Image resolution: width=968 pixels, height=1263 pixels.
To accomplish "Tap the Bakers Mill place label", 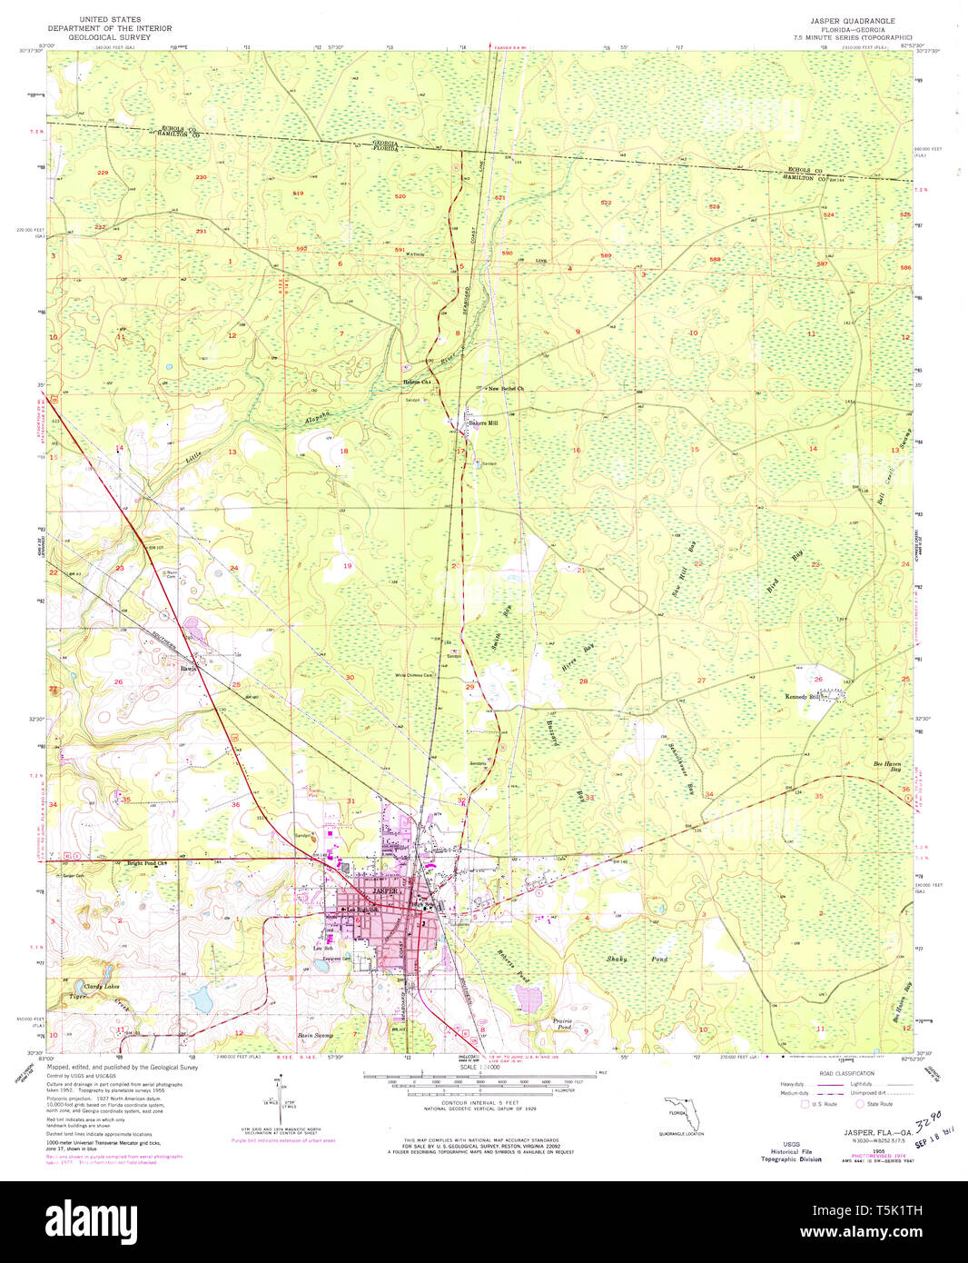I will [482, 423].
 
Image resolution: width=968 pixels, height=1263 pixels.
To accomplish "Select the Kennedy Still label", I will [803, 697].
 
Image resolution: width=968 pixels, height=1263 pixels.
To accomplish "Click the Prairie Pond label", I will [563, 1025].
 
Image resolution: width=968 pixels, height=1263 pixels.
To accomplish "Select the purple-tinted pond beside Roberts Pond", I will [528, 999].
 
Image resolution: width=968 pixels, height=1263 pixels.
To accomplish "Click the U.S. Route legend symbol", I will [805, 1104].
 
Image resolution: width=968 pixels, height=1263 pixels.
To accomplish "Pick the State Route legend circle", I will [860, 1104].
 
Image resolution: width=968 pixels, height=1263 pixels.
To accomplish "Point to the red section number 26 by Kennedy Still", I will [818, 679].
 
